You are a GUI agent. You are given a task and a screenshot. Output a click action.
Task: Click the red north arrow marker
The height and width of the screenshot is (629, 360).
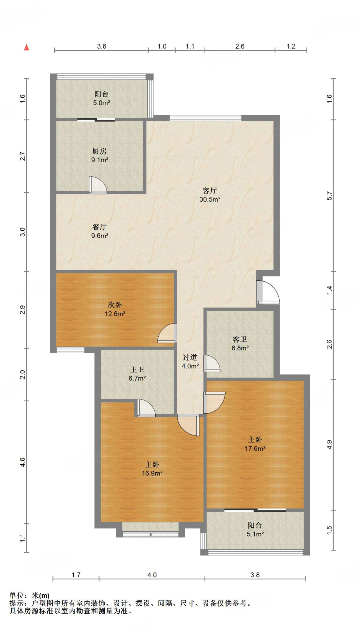(x=27, y=47)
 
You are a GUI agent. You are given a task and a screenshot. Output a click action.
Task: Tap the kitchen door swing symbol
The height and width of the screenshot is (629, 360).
(x=98, y=185)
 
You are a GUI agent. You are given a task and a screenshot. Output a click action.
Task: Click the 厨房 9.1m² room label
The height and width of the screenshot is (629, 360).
(x=99, y=155)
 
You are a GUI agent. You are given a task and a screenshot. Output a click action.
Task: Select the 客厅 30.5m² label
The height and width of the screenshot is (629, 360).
(x=210, y=195)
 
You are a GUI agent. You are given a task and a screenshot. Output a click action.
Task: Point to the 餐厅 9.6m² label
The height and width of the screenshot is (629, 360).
(x=100, y=231)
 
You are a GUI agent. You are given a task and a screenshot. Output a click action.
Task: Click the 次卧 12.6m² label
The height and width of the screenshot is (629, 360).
(x=115, y=309)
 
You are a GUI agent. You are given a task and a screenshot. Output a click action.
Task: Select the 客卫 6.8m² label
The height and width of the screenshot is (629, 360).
(x=240, y=344)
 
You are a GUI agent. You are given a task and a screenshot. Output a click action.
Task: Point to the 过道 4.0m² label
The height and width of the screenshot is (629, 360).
(x=190, y=362)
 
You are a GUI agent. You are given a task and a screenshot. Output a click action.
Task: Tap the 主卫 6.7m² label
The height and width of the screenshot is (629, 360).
(x=137, y=374)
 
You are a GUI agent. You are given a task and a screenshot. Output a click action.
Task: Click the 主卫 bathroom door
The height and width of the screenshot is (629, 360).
(x=146, y=408)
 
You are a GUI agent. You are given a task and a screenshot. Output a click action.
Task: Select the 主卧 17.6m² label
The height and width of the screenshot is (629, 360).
(x=255, y=444)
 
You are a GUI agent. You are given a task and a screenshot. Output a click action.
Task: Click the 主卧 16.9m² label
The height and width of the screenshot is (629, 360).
(x=152, y=469)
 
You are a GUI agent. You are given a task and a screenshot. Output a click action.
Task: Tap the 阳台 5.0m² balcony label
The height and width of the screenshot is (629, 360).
(x=102, y=99)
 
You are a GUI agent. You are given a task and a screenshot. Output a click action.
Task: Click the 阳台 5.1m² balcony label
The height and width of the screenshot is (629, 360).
(x=255, y=530)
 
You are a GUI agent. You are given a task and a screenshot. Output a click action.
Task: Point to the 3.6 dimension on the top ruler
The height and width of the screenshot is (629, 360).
(x=102, y=46)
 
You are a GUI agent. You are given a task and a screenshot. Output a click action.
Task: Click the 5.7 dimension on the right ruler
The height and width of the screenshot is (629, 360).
(x=329, y=196)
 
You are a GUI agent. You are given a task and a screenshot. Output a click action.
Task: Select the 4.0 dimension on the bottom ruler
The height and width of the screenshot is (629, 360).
(x=152, y=575)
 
